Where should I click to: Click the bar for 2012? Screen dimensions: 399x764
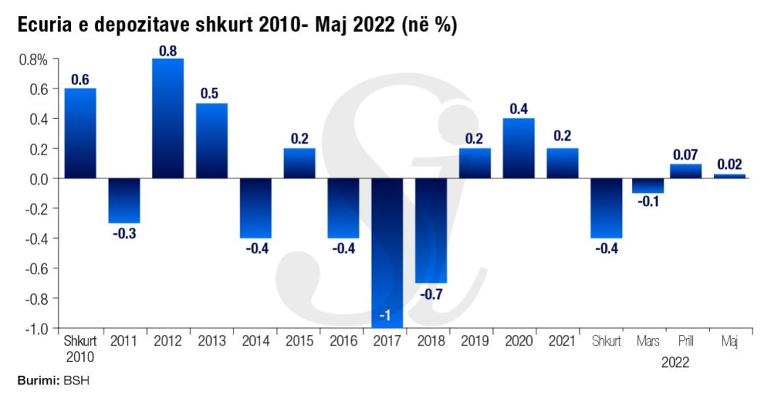[167, 118]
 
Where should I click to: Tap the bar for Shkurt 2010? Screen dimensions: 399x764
[80, 133]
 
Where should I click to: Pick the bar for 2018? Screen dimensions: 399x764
[431, 230]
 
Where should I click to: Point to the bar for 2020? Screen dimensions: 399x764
[518, 148]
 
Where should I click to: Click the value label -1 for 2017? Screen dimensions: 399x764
[387, 316]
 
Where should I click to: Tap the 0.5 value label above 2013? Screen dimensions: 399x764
[212, 94]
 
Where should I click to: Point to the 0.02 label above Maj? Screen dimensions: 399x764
[730, 164]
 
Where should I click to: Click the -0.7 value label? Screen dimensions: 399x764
[431, 294]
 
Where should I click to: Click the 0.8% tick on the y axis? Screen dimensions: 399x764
[33, 59]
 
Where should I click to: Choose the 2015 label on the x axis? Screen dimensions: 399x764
[299, 340]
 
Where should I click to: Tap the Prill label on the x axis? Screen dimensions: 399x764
[686, 340]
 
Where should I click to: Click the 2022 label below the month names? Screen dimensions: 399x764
[676, 361]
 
